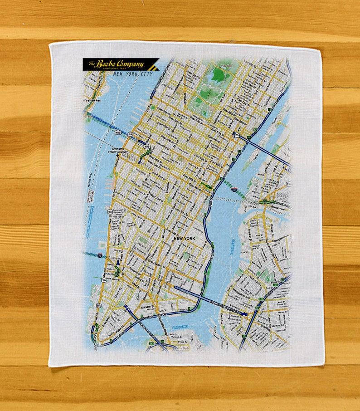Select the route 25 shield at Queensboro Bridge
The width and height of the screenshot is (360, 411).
(236, 135)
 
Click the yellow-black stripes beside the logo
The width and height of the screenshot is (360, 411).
(154, 65)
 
